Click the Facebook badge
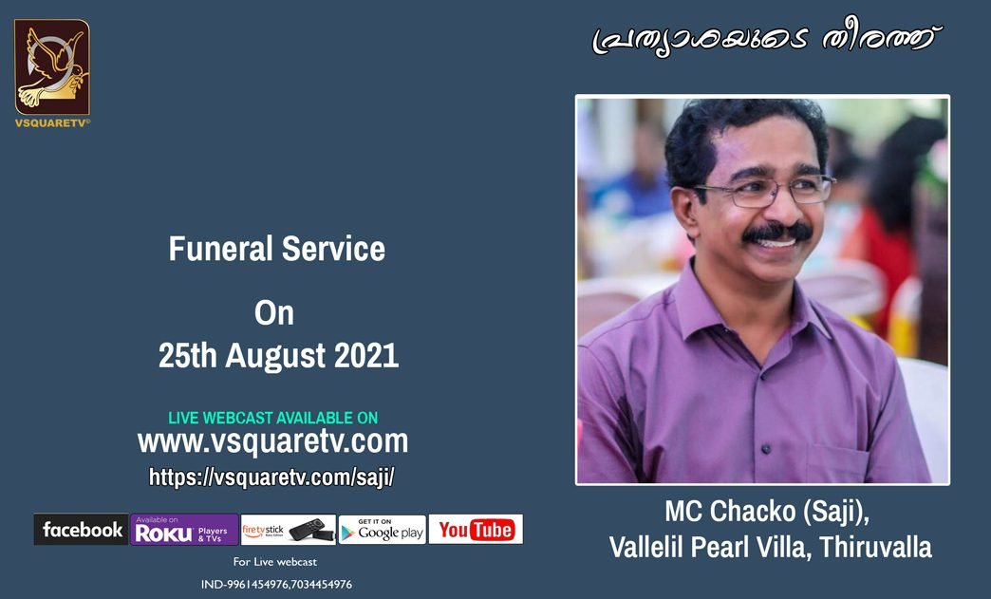click(x=81, y=530)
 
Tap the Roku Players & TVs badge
click(x=184, y=530)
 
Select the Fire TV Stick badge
click(x=289, y=530)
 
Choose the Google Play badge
click(x=383, y=530)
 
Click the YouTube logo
click(x=476, y=530)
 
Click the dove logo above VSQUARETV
click(x=52, y=67)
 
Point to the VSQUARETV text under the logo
click(x=52, y=123)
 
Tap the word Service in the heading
click(x=333, y=249)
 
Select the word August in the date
click(x=275, y=356)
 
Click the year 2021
click(x=366, y=355)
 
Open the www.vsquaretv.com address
click(x=273, y=441)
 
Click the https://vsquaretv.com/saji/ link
click(x=271, y=477)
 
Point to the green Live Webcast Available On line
click(x=273, y=418)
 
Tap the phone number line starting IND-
click(x=276, y=585)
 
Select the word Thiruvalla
click(x=875, y=547)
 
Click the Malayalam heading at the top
click(x=766, y=39)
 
